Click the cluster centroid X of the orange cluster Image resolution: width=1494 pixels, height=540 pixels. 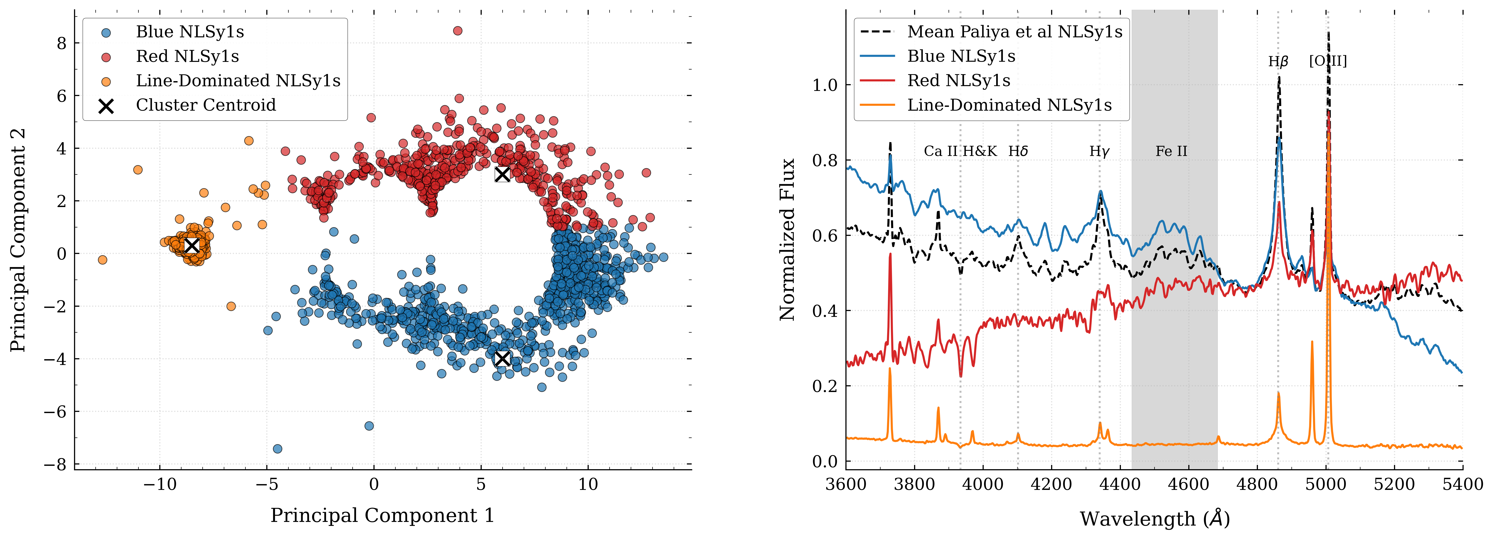(x=191, y=245)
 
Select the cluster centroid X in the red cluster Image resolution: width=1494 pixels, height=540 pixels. (x=502, y=174)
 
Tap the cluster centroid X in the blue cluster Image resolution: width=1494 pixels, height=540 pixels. (x=502, y=359)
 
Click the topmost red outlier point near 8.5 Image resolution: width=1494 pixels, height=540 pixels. (x=458, y=31)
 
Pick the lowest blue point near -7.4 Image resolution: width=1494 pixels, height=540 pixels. (x=277, y=448)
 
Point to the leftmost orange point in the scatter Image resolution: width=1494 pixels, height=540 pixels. (x=103, y=259)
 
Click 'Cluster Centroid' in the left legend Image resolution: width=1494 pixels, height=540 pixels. (x=206, y=105)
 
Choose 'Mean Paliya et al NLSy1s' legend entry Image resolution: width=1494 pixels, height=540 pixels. (x=1015, y=32)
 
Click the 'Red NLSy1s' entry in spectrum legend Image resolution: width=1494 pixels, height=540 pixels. (x=959, y=81)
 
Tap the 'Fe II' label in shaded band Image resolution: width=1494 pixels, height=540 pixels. (x=1171, y=151)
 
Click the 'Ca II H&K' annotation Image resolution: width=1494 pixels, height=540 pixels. (x=960, y=151)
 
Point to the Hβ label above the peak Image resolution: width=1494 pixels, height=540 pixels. (x=1278, y=62)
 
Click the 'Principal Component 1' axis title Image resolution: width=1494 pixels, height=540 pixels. (x=382, y=516)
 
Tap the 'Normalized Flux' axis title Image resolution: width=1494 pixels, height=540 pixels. (x=787, y=240)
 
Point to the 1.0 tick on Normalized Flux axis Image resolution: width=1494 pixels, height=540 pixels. (x=825, y=85)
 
